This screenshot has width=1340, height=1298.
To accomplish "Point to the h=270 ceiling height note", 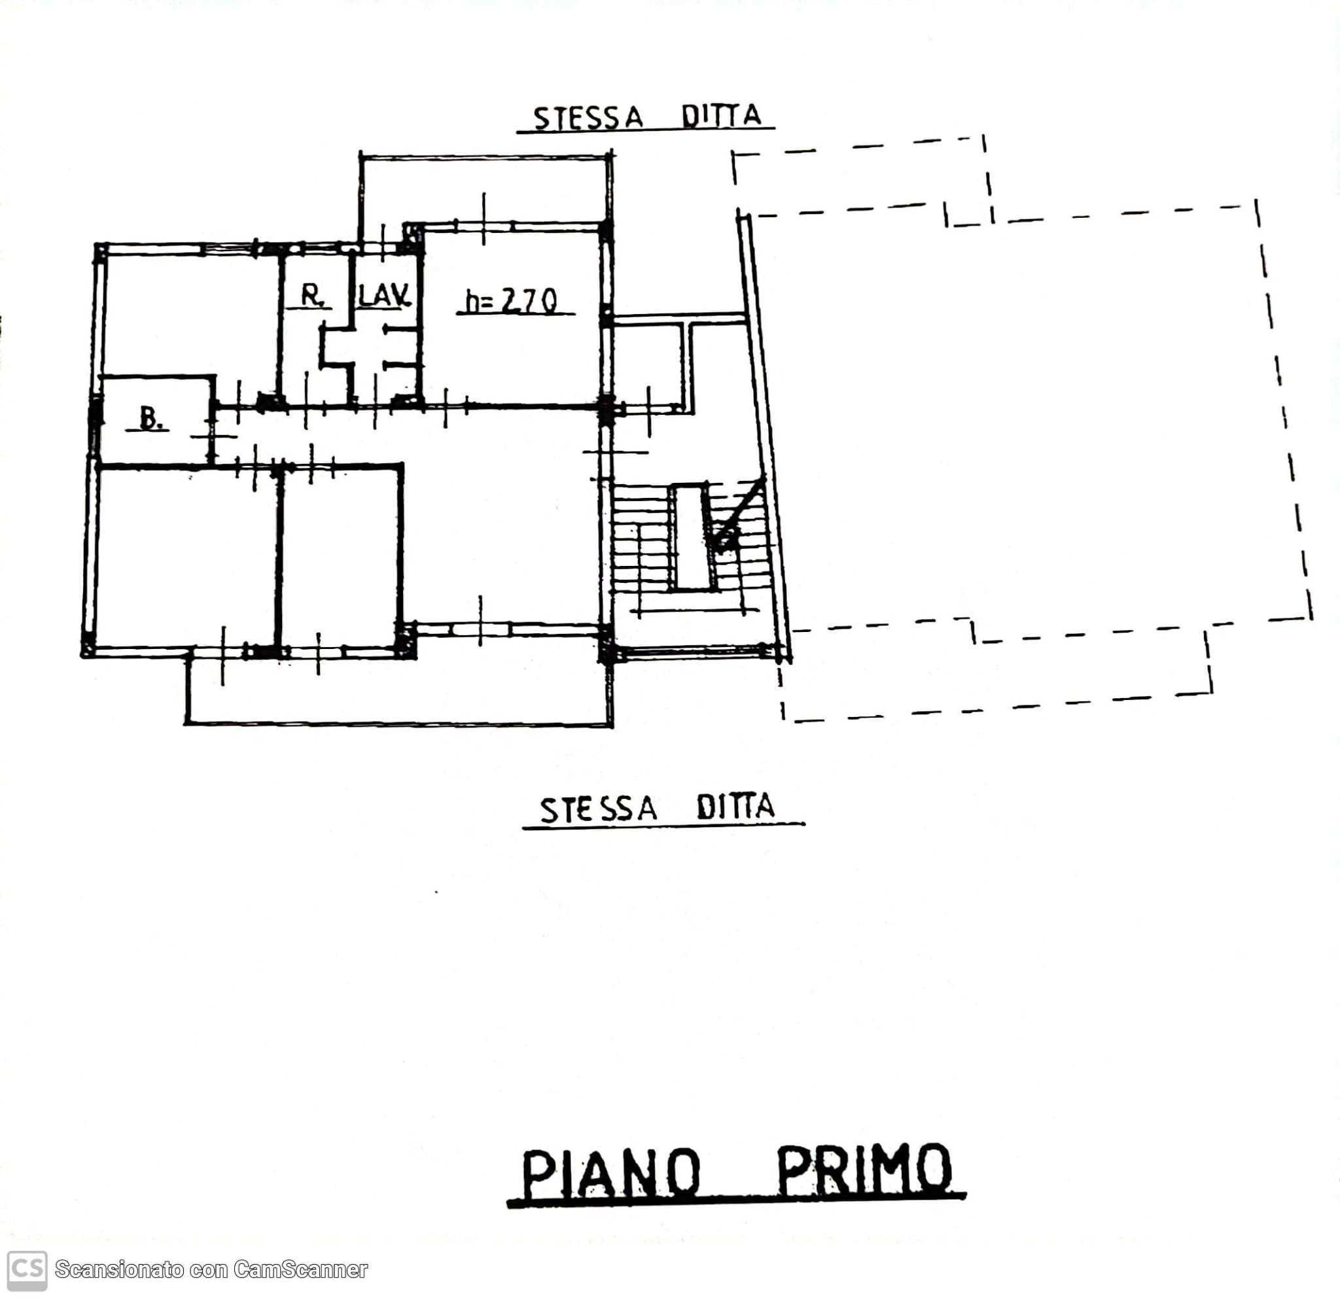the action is point(512,301).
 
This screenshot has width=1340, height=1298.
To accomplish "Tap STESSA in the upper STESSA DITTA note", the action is point(588,118).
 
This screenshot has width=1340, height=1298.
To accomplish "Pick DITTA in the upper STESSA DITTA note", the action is point(721,116).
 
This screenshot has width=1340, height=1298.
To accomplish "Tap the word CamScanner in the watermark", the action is point(300,1269).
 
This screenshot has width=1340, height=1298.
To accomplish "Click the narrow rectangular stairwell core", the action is point(691,537).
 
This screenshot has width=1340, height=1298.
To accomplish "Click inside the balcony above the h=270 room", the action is point(484,189).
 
